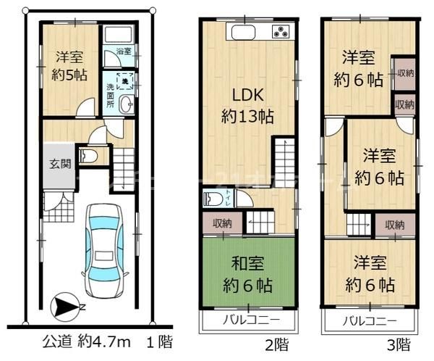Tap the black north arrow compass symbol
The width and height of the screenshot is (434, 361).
click(x=67, y=307)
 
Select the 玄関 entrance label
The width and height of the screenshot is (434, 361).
click(x=59, y=164)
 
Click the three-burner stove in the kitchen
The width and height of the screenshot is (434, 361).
click(x=280, y=31)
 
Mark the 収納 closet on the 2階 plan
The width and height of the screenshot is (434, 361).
click(x=217, y=223)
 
